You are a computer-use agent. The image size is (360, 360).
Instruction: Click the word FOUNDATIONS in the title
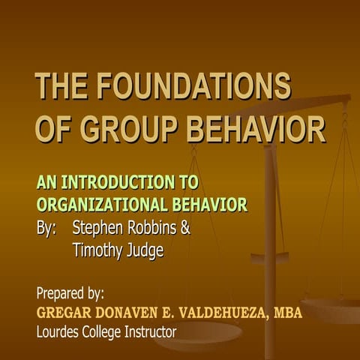pyautogui.click(x=193, y=87)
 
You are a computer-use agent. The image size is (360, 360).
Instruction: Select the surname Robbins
pyautogui.click(x=155, y=227)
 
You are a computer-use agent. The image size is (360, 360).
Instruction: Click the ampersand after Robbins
pyautogui.click(x=185, y=227)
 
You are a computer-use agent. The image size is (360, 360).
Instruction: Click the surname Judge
pyautogui.click(x=145, y=250)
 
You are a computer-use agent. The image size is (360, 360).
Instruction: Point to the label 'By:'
pyautogui.click(x=46, y=227)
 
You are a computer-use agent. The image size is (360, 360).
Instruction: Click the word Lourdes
pyautogui.click(x=61, y=331)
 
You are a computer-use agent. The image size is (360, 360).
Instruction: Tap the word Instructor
pyautogui.click(x=147, y=331)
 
